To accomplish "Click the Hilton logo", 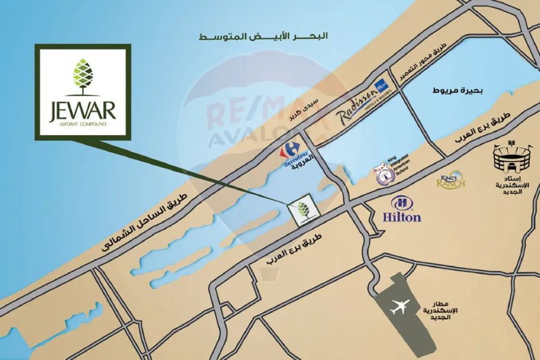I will point(402,209).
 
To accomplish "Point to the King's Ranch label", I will point(451,180).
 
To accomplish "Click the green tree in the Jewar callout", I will point(82,77).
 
